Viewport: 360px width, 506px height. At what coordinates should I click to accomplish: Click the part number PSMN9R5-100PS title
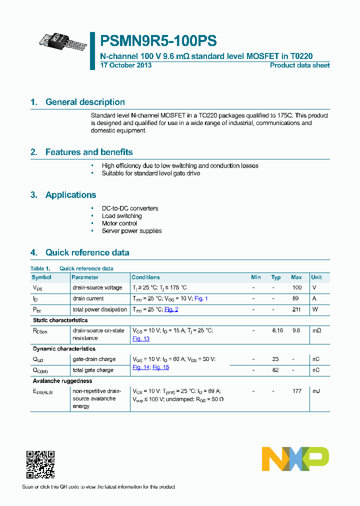[158, 40]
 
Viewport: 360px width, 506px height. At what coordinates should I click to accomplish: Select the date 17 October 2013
[126, 65]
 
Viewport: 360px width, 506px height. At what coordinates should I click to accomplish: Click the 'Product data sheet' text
[299, 65]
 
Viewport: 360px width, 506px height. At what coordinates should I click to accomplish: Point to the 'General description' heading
[85, 102]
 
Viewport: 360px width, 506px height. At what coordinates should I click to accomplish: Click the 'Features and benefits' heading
[89, 152]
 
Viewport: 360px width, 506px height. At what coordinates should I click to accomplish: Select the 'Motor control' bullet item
[119, 223]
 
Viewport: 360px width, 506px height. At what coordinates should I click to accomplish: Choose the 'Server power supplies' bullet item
[131, 231]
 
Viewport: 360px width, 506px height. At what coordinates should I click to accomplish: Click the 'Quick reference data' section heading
[87, 252]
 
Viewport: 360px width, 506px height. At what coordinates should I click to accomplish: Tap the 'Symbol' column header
[41, 277]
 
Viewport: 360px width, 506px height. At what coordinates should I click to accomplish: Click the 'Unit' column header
[316, 277]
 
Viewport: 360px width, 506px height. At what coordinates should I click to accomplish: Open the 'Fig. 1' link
[201, 298]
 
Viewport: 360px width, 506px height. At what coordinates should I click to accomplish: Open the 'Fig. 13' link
[140, 338]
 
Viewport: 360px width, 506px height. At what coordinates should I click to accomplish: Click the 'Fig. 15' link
[160, 367]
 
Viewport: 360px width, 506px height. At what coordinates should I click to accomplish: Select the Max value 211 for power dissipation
[296, 309]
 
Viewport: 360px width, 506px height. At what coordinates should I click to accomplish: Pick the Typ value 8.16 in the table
[277, 330]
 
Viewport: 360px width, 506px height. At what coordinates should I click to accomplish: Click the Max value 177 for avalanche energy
[296, 391]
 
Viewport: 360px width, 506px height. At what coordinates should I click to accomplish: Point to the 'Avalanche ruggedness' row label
[62, 381]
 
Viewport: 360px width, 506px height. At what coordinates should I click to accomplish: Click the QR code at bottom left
[40, 464]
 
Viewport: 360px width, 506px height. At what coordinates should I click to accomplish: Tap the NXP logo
[295, 459]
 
